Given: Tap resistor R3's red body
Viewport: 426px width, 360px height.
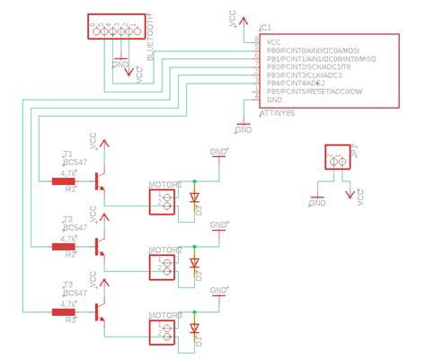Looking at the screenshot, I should pyautogui.click(x=64, y=312).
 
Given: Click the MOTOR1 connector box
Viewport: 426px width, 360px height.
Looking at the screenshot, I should pyautogui.click(x=165, y=199).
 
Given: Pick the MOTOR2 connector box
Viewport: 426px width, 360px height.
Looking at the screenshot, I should pyautogui.click(x=165, y=265).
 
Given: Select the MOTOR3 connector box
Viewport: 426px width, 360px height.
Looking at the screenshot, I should pyautogui.click(x=165, y=329).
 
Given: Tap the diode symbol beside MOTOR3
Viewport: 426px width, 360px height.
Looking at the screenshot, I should pyautogui.click(x=193, y=329).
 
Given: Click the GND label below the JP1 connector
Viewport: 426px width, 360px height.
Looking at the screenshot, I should pyautogui.click(x=316, y=204).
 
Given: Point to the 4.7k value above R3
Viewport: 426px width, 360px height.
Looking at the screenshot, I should pyautogui.click(x=67, y=303).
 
